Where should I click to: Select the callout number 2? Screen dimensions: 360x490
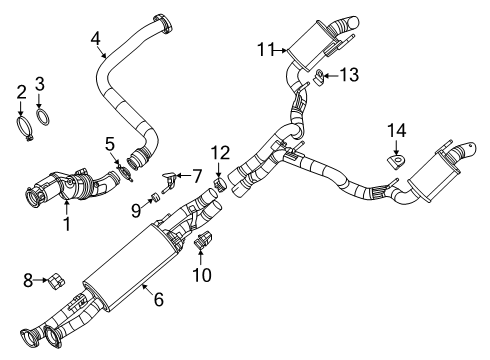pyautogui.click(x=20, y=93)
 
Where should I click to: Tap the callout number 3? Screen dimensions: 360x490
pyautogui.click(x=40, y=83)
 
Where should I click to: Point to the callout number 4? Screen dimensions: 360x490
pyautogui.click(x=95, y=39)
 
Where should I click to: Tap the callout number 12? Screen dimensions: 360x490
pyautogui.click(x=220, y=152)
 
